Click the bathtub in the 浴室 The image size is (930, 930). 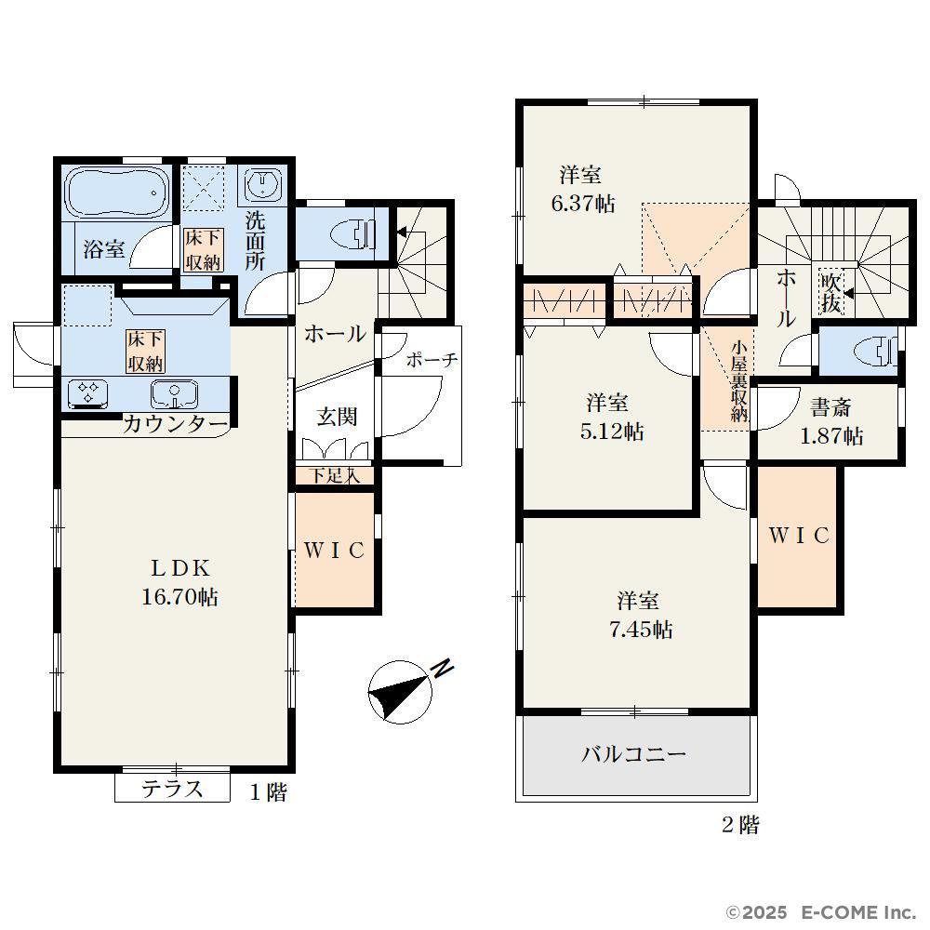pyautogui.click(x=114, y=193)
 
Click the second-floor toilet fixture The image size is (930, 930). pyautogui.click(x=875, y=352)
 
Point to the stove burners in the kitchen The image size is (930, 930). pyautogui.click(x=87, y=393)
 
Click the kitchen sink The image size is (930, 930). pyautogui.click(x=174, y=393)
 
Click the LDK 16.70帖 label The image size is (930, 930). pyautogui.click(x=179, y=582)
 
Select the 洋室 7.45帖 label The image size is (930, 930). pyautogui.click(x=640, y=615)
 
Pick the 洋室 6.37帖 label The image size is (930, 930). pyautogui.click(x=582, y=189)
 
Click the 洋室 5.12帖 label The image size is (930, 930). pyautogui.click(x=611, y=417)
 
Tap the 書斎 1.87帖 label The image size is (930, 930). pyautogui.click(x=830, y=421)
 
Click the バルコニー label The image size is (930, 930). pyautogui.click(x=633, y=754)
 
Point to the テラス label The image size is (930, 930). pyautogui.click(x=172, y=789)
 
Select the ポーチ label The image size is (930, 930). pyautogui.click(x=432, y=359)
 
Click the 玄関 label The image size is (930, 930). pyautogui.click(x=337, y=417)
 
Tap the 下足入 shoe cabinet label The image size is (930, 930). pyautogui.click(x=335, y=475)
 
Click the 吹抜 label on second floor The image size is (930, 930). pyautogui.click(x=830, y=292)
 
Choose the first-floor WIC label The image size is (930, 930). pyautogui.click(x=334, y=551)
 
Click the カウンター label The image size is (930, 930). pyautogui.click(x=176, y=424)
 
